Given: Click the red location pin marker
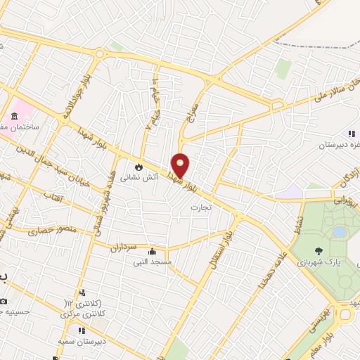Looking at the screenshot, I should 181,166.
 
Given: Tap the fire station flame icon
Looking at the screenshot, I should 139,167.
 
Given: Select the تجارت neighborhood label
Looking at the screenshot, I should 201,208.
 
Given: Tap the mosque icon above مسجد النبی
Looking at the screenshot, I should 152,251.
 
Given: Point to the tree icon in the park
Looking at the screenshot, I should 319,250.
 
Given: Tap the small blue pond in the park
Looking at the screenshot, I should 339,231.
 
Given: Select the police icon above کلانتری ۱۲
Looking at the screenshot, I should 83,292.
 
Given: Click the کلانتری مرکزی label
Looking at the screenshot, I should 84,314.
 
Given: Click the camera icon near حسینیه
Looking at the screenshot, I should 4,300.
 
